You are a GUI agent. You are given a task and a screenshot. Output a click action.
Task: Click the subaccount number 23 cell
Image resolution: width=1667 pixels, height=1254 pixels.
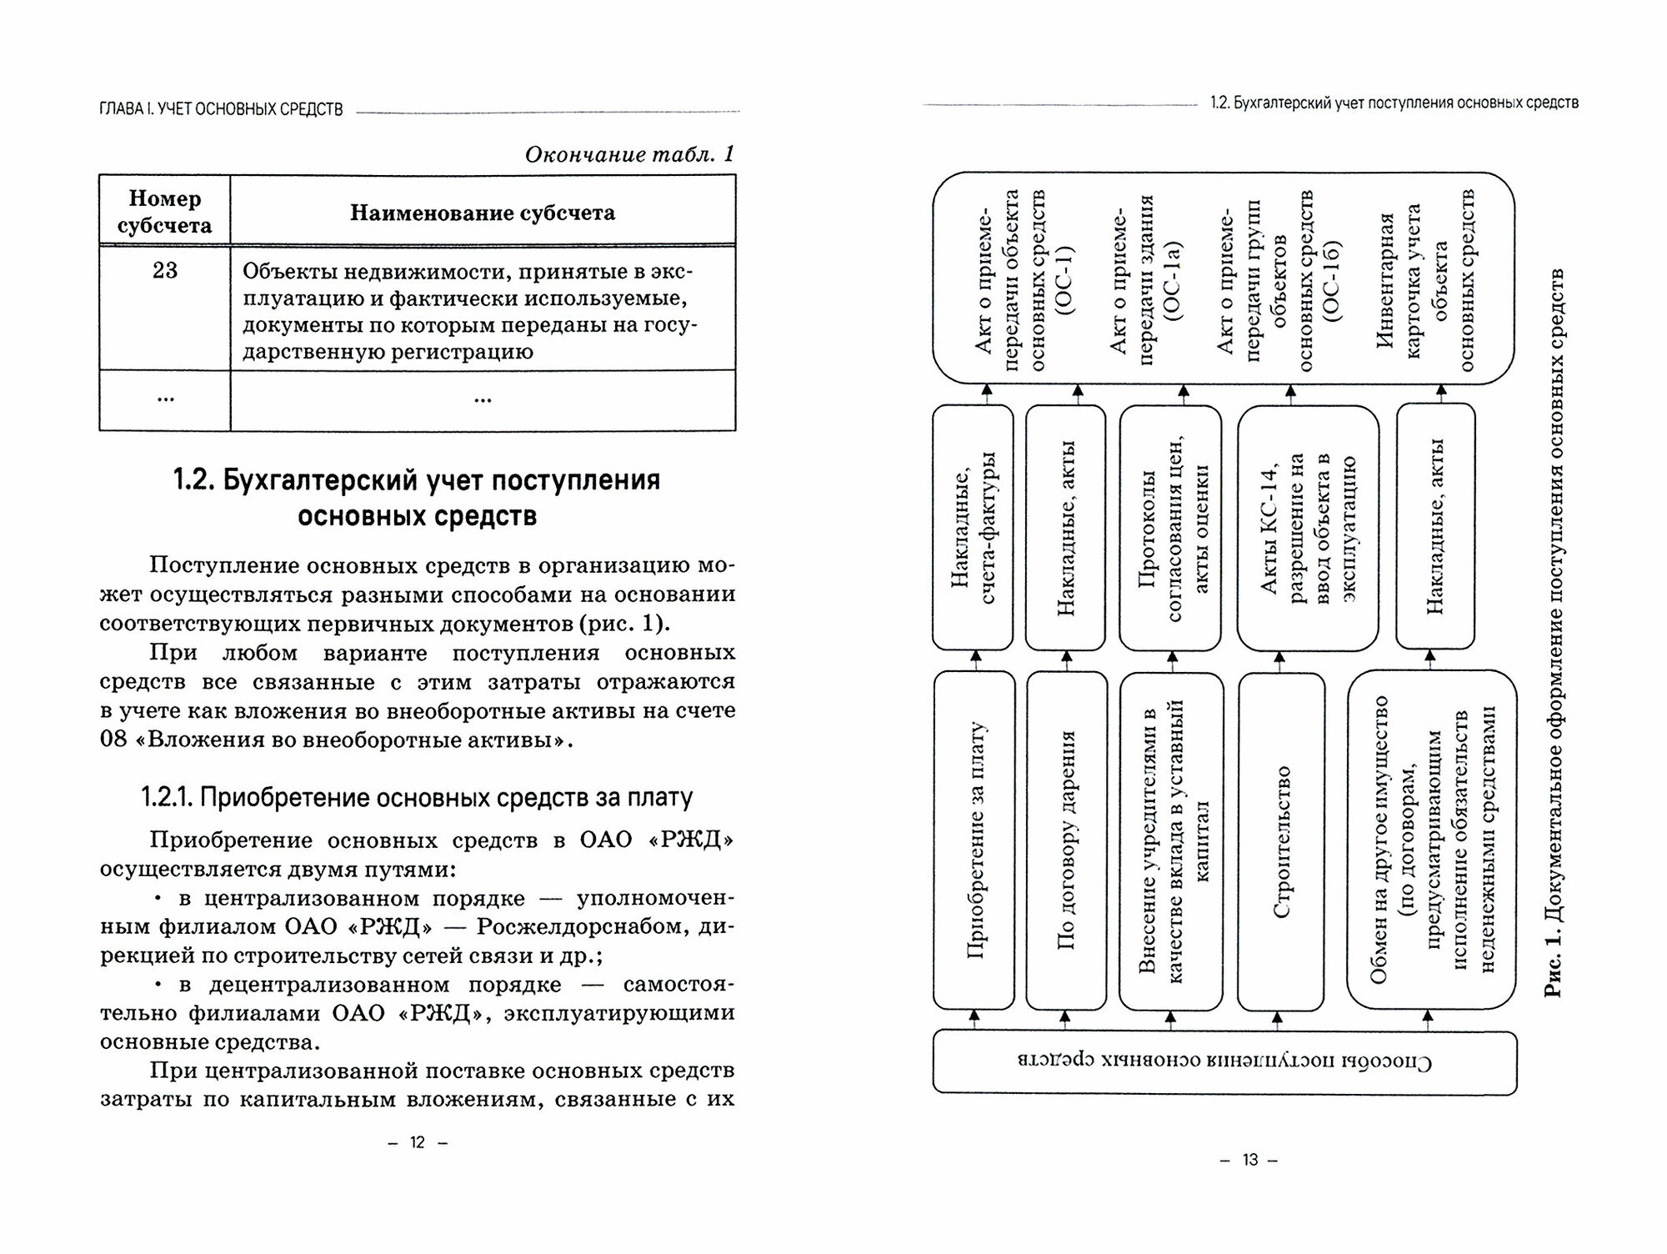point(165,270)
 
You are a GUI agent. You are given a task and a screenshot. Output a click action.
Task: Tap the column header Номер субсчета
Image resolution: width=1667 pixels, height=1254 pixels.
point(164,212)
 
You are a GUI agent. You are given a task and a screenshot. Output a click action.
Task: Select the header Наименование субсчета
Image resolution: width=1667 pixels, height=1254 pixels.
point(483,213)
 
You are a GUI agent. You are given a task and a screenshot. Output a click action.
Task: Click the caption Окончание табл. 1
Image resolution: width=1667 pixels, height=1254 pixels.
point(629,153)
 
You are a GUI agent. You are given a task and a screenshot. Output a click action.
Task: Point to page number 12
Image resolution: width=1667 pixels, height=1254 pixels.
point(418,1142)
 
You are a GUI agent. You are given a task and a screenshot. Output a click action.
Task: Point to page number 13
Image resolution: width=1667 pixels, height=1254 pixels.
point(1249,1160)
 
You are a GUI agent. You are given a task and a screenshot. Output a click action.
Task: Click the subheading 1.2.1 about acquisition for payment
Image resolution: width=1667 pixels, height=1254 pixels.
point(417,798)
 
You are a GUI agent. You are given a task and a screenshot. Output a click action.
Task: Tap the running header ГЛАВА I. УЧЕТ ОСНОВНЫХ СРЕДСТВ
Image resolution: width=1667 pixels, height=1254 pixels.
point(221,109)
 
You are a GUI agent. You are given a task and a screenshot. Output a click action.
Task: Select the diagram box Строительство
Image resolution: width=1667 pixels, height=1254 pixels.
point(1282,842)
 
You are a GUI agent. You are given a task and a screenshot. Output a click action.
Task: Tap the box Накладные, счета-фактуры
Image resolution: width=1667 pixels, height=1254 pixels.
point(973,527)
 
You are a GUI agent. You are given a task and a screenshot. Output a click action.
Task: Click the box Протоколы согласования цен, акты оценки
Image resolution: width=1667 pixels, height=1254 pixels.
point(1171,527)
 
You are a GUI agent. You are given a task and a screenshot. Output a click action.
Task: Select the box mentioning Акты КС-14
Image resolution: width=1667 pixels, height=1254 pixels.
point(1307,527)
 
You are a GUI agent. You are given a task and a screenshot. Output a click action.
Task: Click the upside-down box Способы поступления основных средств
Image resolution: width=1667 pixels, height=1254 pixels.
point(1224,1062)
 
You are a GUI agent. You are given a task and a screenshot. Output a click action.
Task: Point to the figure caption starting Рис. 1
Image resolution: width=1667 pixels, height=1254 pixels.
point(1552,634)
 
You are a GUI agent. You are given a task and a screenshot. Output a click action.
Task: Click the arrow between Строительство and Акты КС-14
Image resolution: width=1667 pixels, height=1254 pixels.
point(1279,661)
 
